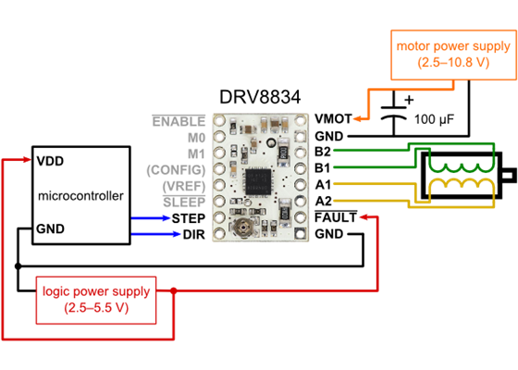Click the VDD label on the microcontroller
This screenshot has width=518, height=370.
point(50,160)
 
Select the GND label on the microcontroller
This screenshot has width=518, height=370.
point(50,228)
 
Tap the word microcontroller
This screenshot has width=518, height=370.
point(80,195)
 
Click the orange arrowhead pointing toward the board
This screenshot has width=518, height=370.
point(357,118)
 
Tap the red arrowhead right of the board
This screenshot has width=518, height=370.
point(364,217)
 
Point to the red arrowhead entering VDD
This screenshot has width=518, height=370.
point(27,160)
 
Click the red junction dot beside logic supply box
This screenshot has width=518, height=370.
point(173,292)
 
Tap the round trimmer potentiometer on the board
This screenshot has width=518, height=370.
point(245,225)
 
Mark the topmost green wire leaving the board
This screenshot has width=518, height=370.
point(370,149)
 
